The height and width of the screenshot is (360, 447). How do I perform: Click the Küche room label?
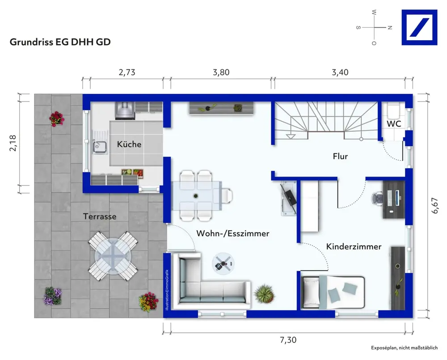[129, 144]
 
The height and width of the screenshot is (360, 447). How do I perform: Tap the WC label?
[394, 124]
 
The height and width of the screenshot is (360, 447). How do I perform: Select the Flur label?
[340, 156]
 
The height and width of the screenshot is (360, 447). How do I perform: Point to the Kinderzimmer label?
[354, 246]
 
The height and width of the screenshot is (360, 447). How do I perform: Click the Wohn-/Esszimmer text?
[232, 233]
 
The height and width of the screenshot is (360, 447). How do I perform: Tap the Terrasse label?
[100, 216]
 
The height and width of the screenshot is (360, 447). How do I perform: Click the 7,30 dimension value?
[288, 340]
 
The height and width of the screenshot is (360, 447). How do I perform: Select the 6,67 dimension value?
[435, 205]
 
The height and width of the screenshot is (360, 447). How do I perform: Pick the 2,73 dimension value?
[127, 72]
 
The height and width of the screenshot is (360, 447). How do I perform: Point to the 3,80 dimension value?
[221, 72]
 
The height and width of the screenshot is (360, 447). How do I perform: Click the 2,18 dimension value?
[13, 143]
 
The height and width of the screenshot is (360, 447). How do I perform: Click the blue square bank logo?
[419, 27]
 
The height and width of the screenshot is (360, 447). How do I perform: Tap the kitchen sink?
[99, 147]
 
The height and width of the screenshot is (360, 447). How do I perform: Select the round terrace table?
[113, 256]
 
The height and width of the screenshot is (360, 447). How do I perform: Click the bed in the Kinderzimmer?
[333, 292]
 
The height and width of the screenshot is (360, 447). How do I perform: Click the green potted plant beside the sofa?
[264, 294]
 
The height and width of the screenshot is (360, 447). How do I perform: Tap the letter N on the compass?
[390, 28]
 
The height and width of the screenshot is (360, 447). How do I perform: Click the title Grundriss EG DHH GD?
[60, 42]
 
